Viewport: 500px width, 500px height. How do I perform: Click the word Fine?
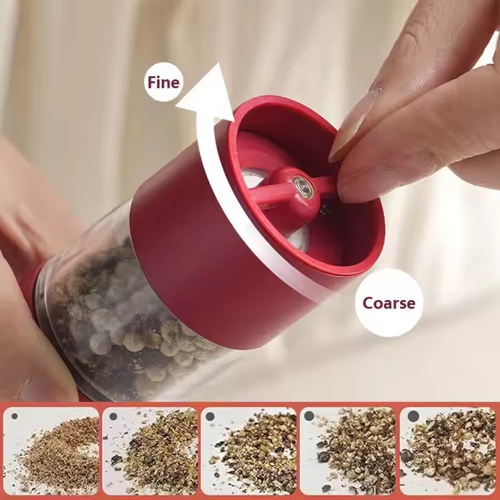coord(163,82)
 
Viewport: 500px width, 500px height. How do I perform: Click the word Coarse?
coord(389,303)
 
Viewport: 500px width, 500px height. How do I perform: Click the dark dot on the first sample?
coord(15,416)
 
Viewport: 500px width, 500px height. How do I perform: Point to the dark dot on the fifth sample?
coord(413,416)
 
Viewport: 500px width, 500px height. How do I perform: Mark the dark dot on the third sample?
coord(210,416)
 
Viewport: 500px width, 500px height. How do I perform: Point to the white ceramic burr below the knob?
coord(298,237)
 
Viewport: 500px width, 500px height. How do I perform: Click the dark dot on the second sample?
coord(113,416)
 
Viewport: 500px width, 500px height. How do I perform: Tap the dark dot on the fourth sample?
coord(309,416)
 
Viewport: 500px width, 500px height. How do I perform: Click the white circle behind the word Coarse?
coord(389,303)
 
